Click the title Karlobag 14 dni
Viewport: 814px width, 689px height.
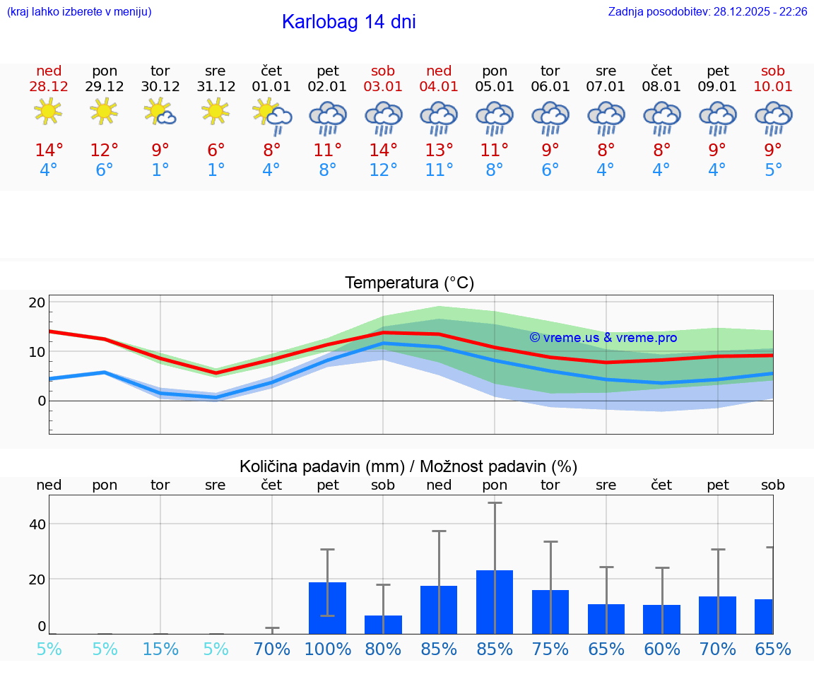click(x=348, y=22)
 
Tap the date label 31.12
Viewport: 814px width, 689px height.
click(x=216, y=86)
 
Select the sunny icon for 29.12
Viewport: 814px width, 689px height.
click(x=104, y=111)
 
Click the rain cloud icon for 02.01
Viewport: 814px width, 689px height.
click(x=328, y=117)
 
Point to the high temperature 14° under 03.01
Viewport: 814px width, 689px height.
click(x=383, y=150)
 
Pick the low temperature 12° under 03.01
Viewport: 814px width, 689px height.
click(x=383, y=170)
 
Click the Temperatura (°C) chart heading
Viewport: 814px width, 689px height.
click(x=409, y=283)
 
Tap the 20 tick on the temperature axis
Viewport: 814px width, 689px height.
click(x=37, y=302)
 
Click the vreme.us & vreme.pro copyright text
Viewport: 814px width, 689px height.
click(x=603, y=338)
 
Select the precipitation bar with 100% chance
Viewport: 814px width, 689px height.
click(x=327, y=608)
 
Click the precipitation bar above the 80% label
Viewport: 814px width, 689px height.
click(x=383, y=624)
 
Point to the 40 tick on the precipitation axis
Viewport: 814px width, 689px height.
click(x=37, y=524)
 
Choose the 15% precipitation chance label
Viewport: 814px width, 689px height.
click(x=160, y=649)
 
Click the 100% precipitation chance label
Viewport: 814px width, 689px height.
click(x=327, y=649)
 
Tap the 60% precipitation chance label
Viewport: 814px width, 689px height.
click(x=661, y=649)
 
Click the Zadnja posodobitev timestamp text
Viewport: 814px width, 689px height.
click(x=707, y=12)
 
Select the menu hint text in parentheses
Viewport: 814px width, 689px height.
click(x=79, y=12)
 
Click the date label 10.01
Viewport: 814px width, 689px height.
click(x=773, y=86)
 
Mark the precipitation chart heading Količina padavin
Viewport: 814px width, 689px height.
click(x=408, y=466)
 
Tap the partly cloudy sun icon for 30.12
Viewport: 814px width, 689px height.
click(x=160, y=111)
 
